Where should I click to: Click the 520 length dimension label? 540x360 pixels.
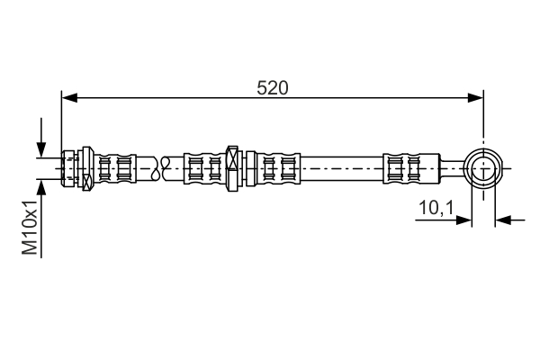pos(272,88)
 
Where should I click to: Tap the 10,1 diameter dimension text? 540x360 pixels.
pos(436,208)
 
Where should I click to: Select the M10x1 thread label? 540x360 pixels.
pos(30,228)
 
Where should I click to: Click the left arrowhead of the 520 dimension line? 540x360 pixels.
pos(69,98)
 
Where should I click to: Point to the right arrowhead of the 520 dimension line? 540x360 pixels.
pos(475,98)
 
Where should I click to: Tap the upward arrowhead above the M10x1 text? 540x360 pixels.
pos(41,187)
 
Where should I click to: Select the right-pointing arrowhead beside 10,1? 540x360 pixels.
pos(463,220)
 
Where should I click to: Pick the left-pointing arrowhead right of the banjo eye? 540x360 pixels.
pos(503,220)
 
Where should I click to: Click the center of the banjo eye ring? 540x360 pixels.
pos(483,168)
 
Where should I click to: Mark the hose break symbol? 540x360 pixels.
pos(161,168)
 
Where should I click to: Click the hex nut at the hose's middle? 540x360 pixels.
pos(233,168)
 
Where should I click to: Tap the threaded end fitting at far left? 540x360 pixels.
pos(68,168)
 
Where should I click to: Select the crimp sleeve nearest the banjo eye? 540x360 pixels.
pos(411,168)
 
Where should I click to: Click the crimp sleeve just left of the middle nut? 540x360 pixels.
pos(205,168)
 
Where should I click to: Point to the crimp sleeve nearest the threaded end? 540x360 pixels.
pos(114,168)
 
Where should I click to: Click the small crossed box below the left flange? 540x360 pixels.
pos(87,182)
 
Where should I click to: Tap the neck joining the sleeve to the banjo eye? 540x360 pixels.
pos(453,168)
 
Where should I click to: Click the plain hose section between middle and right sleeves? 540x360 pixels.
pos(342,168)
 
